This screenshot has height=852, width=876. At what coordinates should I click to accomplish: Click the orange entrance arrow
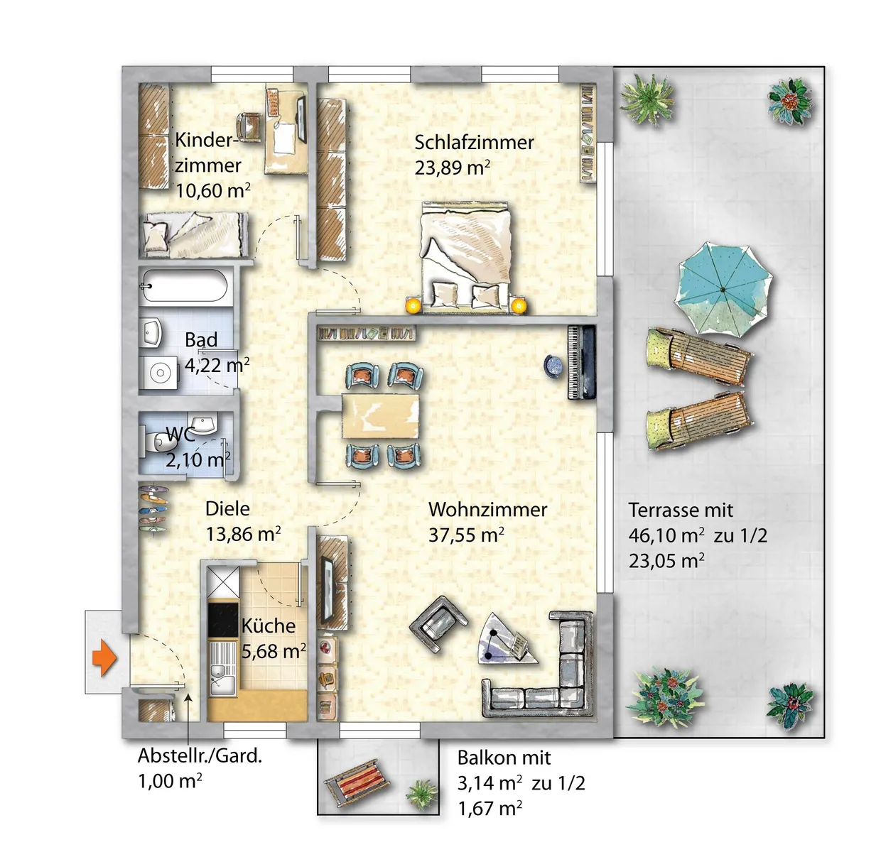(104, 658)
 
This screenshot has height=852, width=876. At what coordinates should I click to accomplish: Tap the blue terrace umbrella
(723, 289)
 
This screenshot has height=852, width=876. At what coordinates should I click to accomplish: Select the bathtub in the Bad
(184, 285)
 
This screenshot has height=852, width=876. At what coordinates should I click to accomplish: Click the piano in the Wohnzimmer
(581, 362)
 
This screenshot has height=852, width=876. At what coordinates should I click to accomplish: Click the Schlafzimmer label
(474, 142)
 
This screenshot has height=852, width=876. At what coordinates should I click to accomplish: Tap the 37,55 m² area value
(466, 535)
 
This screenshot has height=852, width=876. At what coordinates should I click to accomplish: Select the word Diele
(227, 509)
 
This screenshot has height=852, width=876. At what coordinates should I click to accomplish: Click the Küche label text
(269, 626)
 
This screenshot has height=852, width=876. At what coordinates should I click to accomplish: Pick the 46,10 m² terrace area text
(666, 535)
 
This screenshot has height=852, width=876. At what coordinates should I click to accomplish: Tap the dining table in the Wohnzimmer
(380, 415)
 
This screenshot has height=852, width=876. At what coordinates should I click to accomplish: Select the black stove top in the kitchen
(223, 619)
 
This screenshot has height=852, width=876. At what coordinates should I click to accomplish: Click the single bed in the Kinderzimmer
(195, 234)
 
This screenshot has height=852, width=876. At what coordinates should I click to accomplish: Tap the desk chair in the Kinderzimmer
(249, 126)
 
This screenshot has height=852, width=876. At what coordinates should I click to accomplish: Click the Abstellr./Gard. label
(200, 755)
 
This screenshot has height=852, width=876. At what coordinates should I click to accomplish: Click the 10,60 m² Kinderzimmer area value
(212, 190)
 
